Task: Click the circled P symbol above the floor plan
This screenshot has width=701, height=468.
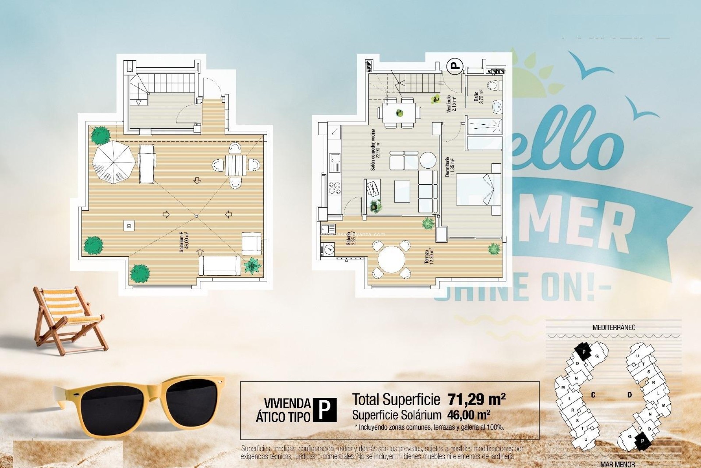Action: [455, 66]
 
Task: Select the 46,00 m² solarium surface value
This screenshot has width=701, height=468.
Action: [468, 415]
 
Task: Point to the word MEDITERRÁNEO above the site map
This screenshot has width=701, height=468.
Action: [614, 328]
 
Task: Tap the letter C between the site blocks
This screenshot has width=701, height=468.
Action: [593, 395]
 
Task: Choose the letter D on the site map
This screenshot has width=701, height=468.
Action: [630, 395]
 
